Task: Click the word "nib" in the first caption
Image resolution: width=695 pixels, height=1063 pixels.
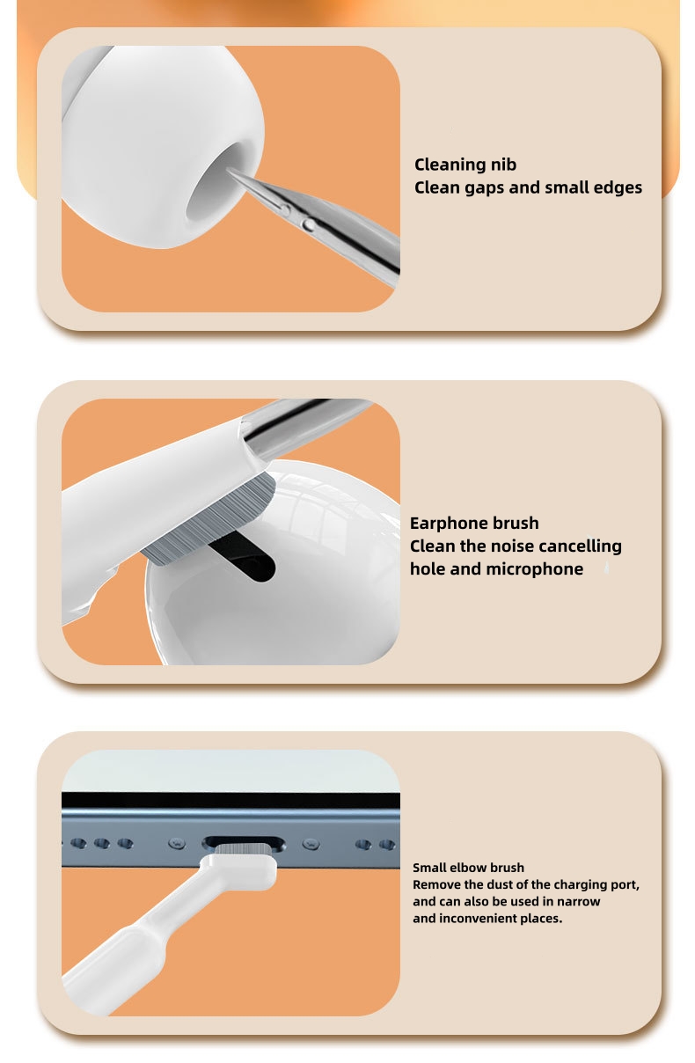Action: (x=503, y=165)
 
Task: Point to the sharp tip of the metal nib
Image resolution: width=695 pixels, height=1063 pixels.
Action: (x=230, y=170)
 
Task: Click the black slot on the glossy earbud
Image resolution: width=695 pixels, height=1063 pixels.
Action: (x=242, y=556)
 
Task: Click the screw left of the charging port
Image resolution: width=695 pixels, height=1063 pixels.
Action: (x=177, y=843)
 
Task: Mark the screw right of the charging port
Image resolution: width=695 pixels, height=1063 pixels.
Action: (x=311, y=844)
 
